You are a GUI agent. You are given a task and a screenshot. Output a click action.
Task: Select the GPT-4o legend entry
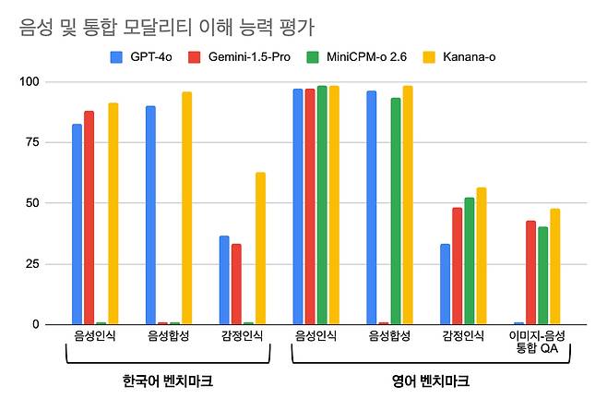point(147,57)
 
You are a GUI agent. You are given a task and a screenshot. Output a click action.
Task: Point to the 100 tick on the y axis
point(30,82)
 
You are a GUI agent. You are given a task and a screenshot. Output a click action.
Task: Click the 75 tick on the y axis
point(33,142)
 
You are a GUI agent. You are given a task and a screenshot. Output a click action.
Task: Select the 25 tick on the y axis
point(33,264)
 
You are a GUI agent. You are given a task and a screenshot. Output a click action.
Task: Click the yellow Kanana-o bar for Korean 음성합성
point(186,208)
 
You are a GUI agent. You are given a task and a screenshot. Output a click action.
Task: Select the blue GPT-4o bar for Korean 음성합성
point(150,215)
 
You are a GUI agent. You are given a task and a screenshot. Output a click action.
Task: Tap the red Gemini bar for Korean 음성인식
point(89,218)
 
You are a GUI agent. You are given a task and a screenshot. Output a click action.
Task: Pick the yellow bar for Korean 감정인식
point(260,248)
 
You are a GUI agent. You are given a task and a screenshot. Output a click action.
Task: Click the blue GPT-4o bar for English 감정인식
point(446,284)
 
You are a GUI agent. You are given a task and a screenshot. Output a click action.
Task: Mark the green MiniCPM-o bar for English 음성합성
point(396,211)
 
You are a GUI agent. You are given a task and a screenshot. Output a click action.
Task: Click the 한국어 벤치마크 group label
point(162,380)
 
